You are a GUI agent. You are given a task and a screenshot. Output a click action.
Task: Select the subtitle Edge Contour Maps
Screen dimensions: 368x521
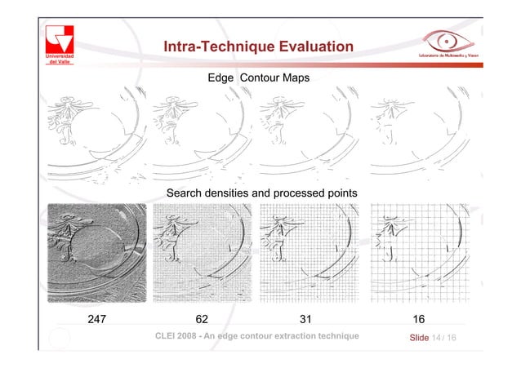pyautogui.click(x=257, y=78)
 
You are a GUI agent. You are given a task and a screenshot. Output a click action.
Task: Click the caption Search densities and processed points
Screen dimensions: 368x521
pyautogui.click(x=261, y=193)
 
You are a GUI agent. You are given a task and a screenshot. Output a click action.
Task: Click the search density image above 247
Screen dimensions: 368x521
pyautogui.click(x=97, y=251)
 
